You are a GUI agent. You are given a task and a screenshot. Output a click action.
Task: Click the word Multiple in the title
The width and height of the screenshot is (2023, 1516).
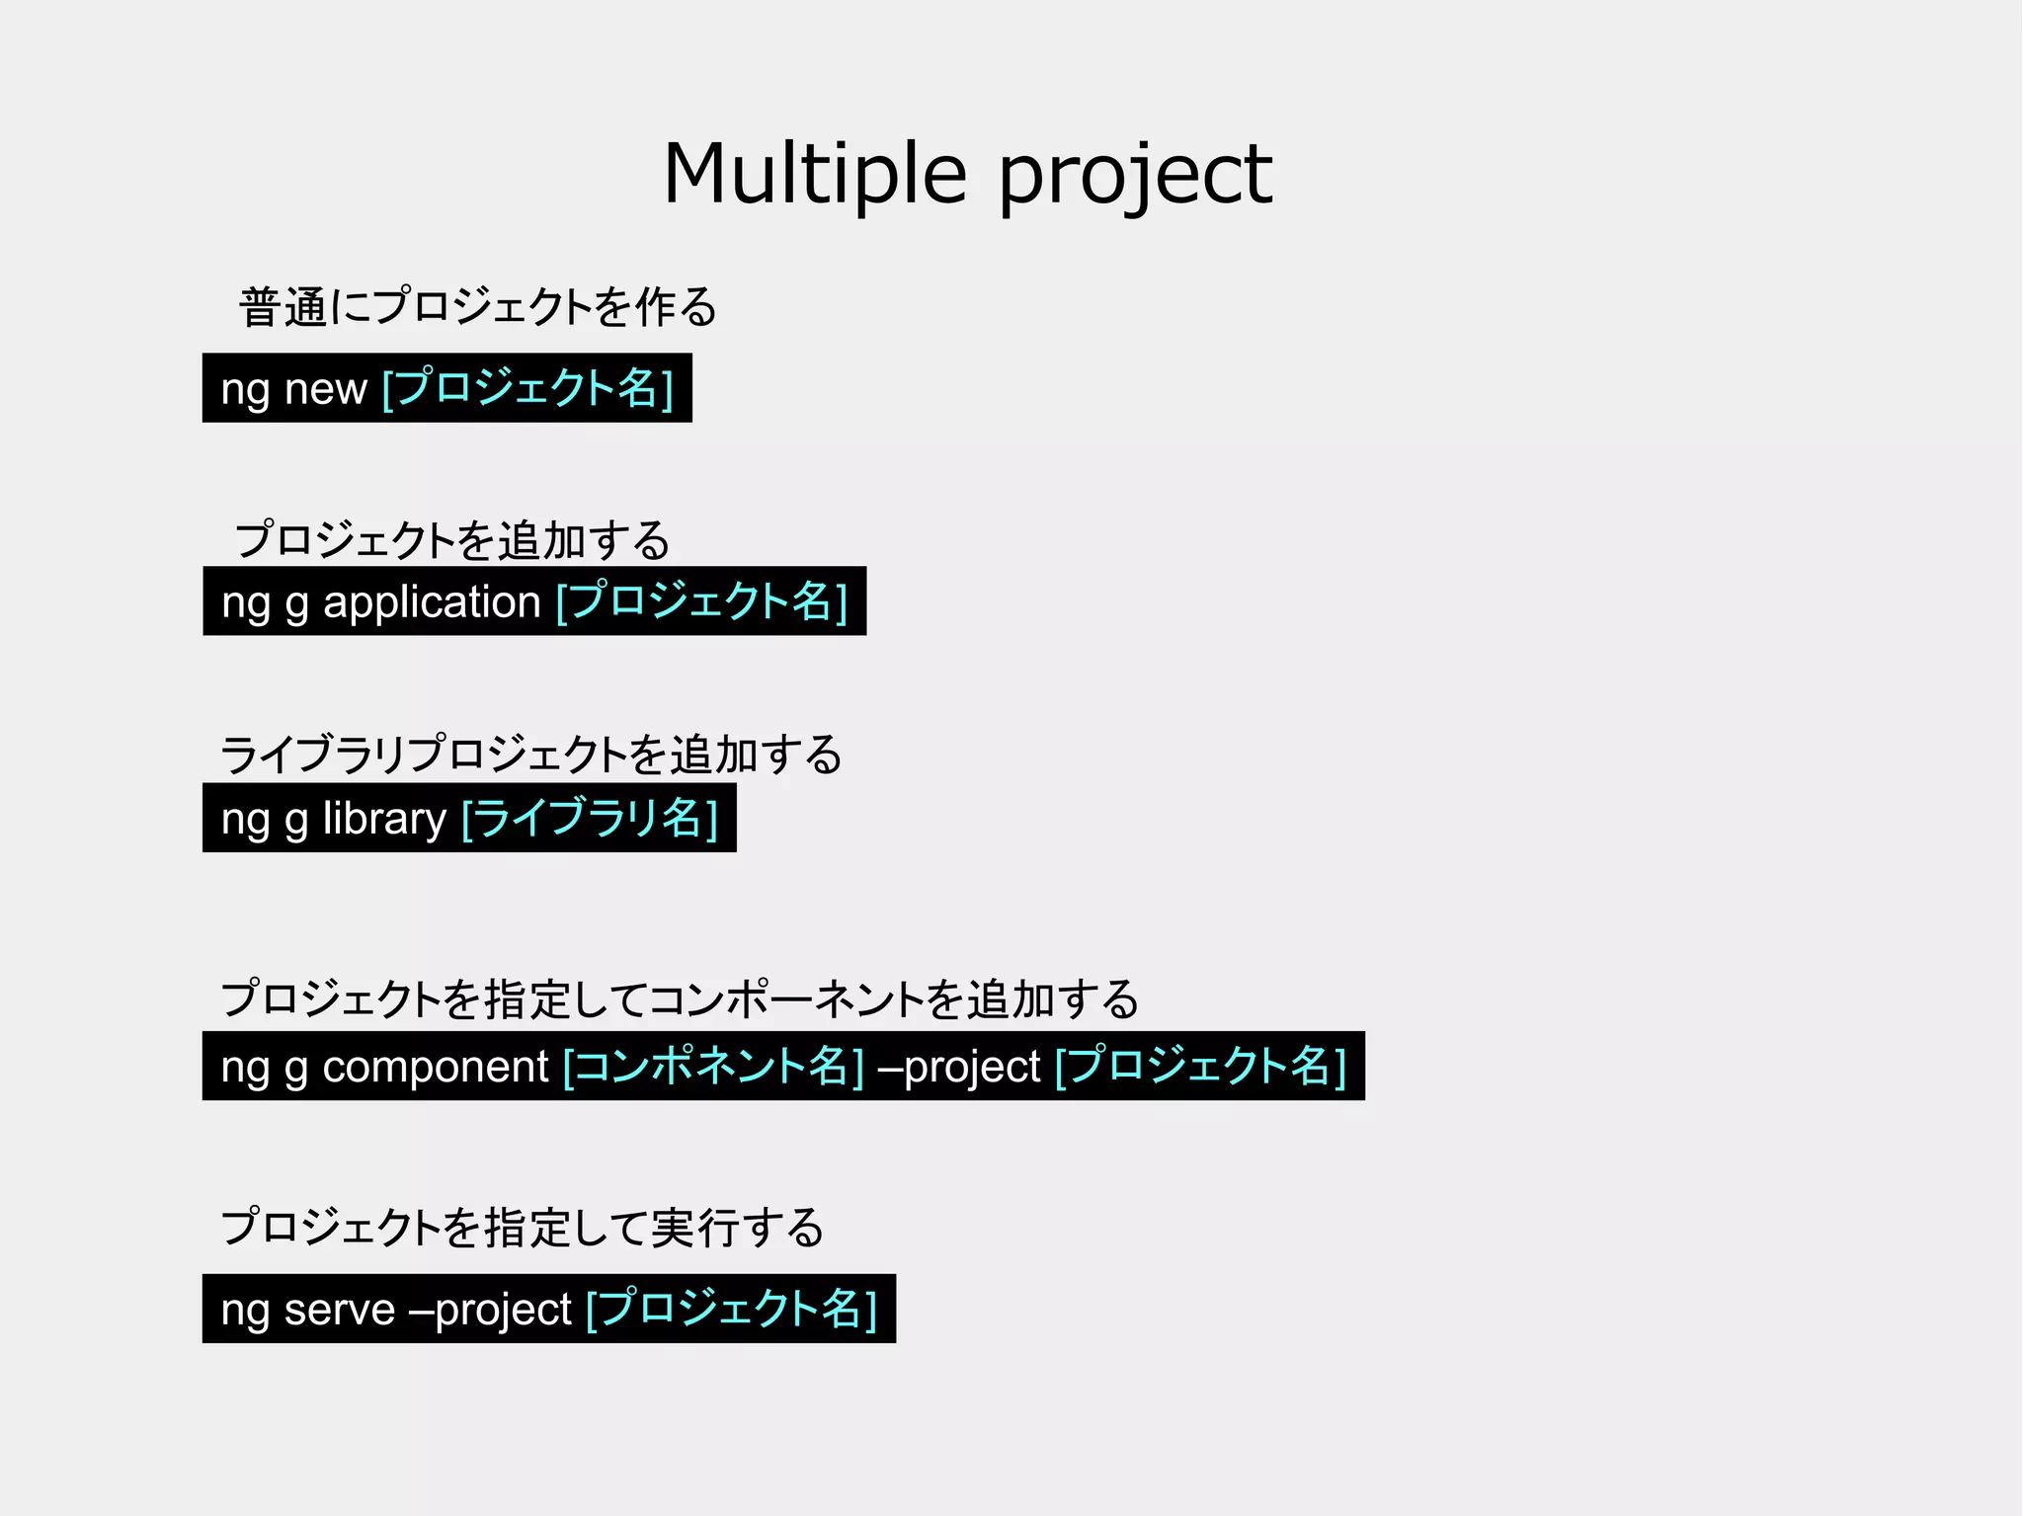point(814,174)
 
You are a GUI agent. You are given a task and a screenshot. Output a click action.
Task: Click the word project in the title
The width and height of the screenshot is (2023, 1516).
point(1136,176)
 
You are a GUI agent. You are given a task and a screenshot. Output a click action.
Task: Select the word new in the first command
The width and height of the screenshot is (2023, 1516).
point(325,389)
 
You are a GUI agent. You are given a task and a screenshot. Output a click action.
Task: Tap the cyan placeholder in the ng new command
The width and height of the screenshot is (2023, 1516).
point(527,388)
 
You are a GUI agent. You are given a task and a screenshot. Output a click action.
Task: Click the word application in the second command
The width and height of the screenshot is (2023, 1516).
point(432,602)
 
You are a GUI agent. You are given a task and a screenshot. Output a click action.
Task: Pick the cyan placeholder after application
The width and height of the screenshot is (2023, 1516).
point(702,601)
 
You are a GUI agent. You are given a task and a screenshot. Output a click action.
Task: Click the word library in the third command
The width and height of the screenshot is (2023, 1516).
point(384,819)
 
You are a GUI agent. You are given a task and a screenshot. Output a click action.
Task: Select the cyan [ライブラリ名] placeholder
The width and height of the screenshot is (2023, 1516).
point(590,819)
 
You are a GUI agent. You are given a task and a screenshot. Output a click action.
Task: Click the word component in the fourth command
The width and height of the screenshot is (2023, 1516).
point(435,1067)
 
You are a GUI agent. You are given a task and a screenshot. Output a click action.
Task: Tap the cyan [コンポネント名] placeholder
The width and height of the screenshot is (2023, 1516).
point(713,1067)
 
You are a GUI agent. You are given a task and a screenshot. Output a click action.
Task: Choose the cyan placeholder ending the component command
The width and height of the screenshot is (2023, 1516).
point(1200,1067)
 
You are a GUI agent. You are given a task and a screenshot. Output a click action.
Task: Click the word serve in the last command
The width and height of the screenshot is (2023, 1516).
point(339,1310)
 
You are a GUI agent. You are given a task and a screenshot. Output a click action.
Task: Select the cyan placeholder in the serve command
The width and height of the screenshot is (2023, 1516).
point(731,1310)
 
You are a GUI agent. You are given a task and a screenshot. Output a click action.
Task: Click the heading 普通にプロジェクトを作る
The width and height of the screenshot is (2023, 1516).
point(478,307)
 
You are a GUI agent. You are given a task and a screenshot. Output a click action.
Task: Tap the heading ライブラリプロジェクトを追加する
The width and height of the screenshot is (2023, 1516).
point(531,756)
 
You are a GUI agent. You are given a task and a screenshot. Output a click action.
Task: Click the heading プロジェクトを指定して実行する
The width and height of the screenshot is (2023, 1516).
point(523,1228)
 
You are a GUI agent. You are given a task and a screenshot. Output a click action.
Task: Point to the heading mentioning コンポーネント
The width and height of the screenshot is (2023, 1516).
point(680,999)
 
